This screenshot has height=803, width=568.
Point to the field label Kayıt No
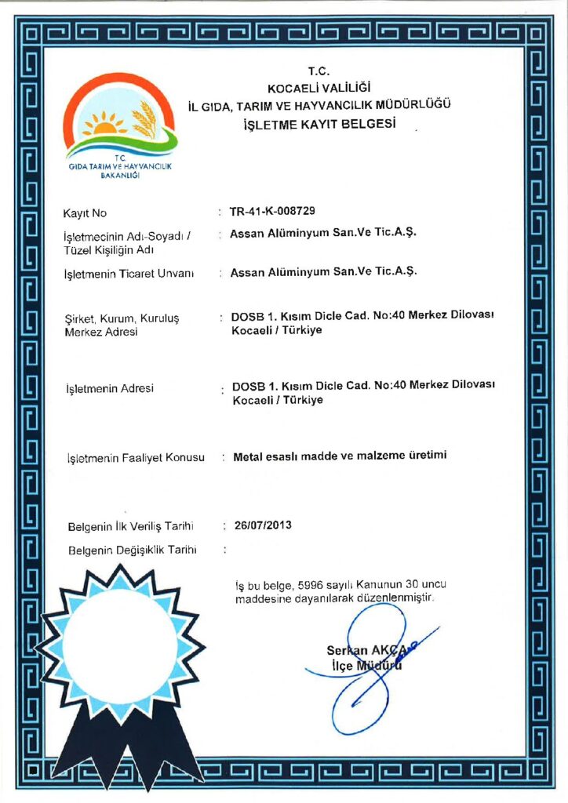coord(85,213)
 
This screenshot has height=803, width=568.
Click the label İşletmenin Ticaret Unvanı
coord(129,274)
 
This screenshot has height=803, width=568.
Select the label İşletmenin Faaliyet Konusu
coord(136,457)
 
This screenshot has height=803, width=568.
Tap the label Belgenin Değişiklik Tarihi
coord(132,550)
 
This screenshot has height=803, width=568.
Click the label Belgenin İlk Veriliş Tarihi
coord(130,525)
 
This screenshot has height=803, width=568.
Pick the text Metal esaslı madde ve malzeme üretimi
coord(340,455)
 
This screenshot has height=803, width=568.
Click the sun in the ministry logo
coord(104,123)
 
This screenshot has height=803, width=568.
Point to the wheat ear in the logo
coord(144,118)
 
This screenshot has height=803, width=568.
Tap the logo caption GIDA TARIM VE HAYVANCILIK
coord(120,167)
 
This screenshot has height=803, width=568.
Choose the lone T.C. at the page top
coord(319,71)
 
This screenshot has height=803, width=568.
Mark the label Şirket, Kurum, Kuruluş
coord(122,318)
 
